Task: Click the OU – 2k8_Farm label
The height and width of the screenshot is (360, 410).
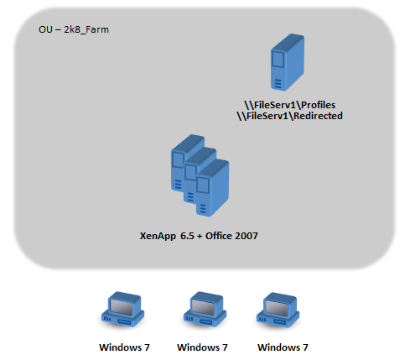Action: (74, 29)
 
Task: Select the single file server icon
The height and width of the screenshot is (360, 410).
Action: (288, 62)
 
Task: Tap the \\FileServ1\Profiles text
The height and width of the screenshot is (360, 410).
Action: (290, 105)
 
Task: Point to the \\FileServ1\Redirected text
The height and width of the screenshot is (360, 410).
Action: (290, 116)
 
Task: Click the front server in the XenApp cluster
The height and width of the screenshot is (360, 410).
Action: (212, 188)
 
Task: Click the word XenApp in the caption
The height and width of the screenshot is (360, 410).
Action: (158, 236)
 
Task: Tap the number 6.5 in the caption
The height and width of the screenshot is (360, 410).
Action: (187, 236)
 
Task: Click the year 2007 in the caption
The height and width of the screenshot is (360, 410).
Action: (247, 236)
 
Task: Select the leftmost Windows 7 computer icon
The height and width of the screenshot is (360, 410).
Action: (122, 309)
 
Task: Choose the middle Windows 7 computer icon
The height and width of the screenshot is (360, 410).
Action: (205, 309)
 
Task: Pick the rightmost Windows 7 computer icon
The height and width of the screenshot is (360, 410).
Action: (278, 310)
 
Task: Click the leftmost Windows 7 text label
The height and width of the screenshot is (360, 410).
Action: (124, 347)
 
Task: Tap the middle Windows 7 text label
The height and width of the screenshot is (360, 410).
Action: (202, 347)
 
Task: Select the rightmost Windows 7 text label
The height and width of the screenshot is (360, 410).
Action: (283, 347)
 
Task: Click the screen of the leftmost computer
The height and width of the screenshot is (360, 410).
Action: (122, 307)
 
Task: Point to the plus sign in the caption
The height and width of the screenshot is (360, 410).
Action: (200, 237)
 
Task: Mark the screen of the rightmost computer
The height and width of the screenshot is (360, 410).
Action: (277, 308)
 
